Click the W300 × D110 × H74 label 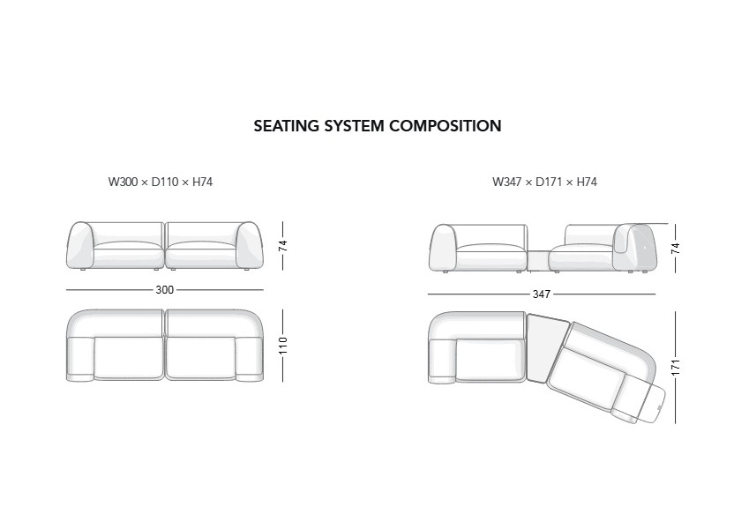point(161,183)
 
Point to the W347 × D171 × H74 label point(545,183)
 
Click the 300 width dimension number point(165,290)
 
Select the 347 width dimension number point(541,294)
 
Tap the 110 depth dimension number point(284,345)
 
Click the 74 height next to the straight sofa point(284,245)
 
